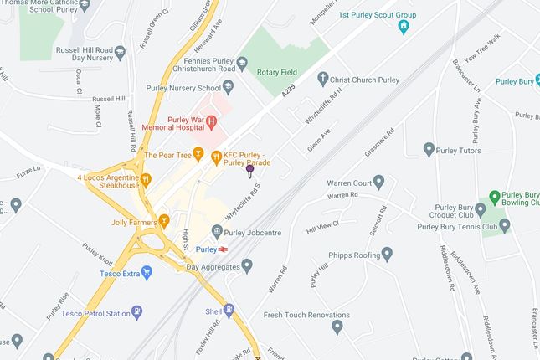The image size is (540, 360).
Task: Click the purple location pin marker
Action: pyautogui.click(x=249, y=171)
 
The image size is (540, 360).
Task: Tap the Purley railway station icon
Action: pyautogui.click(x=224, y=249)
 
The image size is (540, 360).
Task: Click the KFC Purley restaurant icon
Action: pyautogui.click(x=216, y=155)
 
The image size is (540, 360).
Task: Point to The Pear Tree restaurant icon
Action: pyautogui.click(x=198, y=154)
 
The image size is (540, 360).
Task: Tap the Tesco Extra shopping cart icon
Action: pyautogui.click(x=147, y=273)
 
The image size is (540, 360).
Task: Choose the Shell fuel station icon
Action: pyautogui.click(x=229, y=310)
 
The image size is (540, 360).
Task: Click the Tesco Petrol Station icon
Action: pyautogui.click(x=137, y=313)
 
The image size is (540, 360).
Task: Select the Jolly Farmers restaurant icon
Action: pyautogui.click(x=164, y=222)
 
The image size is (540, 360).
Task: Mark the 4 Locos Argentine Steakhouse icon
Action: pyautogui.click(x=146, y=177)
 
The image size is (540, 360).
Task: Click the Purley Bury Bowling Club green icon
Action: pyautogui.click(x=495, y=198)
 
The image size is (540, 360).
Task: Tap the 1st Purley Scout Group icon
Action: pyautogui.click(x=404, y=26)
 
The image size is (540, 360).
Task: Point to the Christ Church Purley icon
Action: pyautogui.click(x=324, y=79)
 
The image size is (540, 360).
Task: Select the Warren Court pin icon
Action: pyautogui.click(x=378, y=182)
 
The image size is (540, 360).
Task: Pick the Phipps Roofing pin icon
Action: pyautogui.click(x=387, y=254)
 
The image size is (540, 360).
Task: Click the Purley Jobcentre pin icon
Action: pyautogui.click(x=217, y=231)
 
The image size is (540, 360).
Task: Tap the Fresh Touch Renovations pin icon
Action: pyautogui.click(x=337, y=327)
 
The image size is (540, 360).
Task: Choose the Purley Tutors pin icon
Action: pyautogui.click(x=429, y=151)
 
